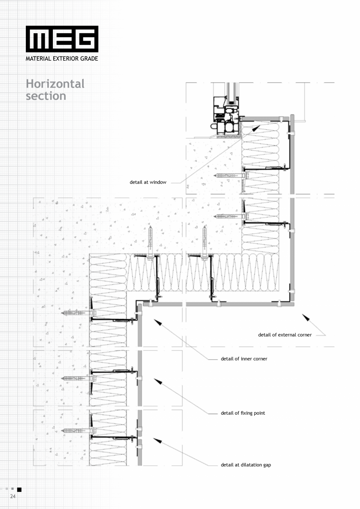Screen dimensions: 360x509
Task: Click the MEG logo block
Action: [x=62, y=39]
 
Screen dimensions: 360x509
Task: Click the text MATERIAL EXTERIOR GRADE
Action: [x=62, y=59]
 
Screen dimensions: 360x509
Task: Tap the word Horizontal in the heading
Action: [x=55, y=84]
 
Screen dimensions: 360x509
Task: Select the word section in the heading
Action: [x=46, y=96]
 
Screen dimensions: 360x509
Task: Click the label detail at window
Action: [x=148, y=182]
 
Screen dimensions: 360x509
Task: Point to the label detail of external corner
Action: [x=285, y=335]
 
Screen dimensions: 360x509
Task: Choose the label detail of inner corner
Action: [x=244, y=359]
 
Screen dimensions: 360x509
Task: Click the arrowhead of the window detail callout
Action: [x=256, y=128]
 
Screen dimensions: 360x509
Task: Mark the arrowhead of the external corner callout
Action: [x=306, y=317]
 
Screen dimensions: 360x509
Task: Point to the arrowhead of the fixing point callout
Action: [x=158, y=381]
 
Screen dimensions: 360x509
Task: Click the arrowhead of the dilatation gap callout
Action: [x=157, y=441]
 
